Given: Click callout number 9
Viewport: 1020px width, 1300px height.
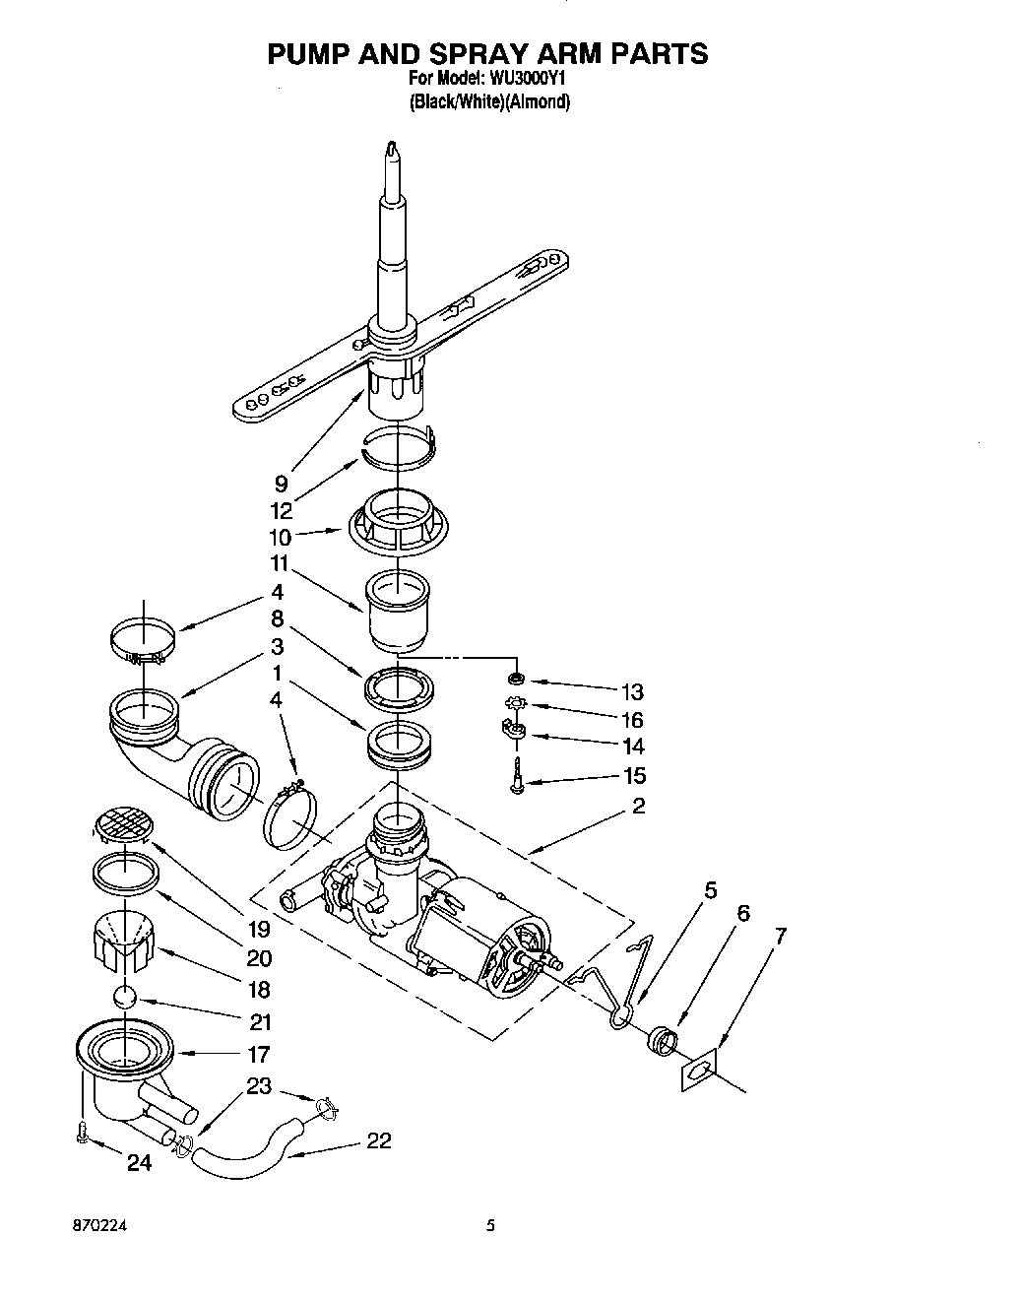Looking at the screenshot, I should pyautogui.click(x=282, y=483).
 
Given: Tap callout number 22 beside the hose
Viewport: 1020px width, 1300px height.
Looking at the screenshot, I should pyautogui.click(x=378, y=1140).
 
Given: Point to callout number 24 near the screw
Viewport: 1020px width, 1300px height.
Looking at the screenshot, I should pyautogui.click(x=140, y=1163).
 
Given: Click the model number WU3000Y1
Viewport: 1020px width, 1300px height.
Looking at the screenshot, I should pyautogui.click(x=536, y=78).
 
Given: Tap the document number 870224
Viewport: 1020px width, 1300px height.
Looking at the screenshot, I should pyautogui.click(x=100, y=1227).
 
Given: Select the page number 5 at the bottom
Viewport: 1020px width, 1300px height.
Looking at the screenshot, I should pyautogui.click(x=490, y=1227).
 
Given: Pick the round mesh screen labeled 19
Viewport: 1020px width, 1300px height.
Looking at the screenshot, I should pyautogui.click(x=125, y=820).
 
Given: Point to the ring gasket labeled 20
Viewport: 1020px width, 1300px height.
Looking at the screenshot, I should pyautogui.click(x=126, y=871).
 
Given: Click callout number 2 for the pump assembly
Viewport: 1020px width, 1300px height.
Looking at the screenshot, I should pyautogui.click(x=638, y=806).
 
